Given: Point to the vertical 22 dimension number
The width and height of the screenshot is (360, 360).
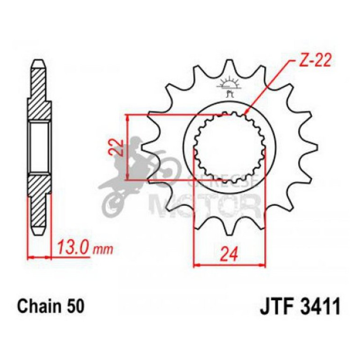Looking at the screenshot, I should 119,147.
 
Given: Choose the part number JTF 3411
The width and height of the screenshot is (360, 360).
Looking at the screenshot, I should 299,307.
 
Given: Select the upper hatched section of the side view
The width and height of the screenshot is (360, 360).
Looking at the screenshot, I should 39,94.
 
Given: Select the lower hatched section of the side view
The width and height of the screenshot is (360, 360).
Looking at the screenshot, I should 39,201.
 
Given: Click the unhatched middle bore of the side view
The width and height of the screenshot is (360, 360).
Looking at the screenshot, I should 39,147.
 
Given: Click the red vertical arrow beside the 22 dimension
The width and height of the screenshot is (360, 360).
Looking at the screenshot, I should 127,147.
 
